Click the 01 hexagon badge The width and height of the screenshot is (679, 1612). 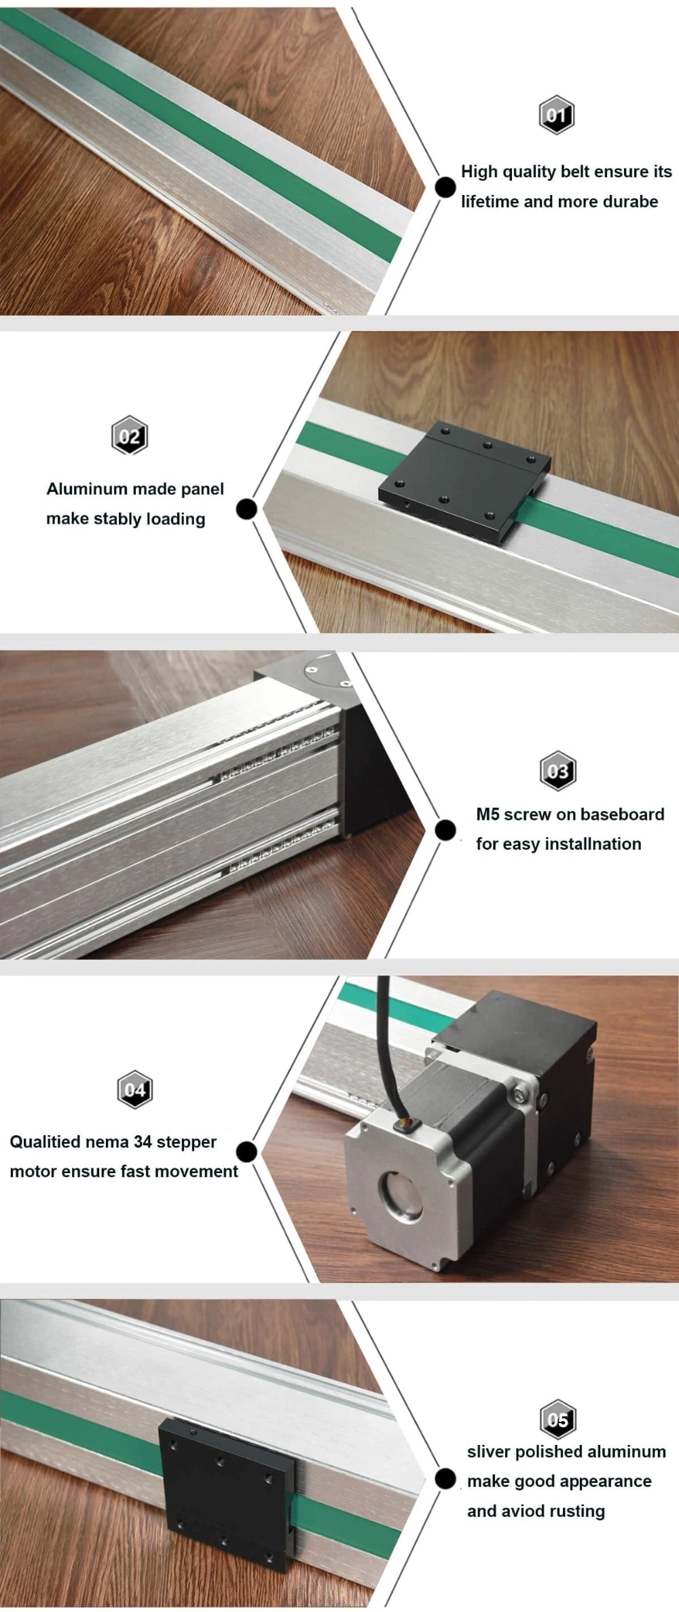point(557,115)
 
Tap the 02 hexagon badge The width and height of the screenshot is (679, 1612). point(130,435)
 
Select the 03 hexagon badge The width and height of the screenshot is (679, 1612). point(558,771)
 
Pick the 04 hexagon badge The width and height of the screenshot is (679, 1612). point(134,1090)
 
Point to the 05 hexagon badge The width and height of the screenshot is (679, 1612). point(558,1420)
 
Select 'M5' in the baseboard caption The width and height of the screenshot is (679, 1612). point(488,814)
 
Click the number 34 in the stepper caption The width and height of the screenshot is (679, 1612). point(143,1142)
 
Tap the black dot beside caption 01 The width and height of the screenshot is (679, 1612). point(445,187)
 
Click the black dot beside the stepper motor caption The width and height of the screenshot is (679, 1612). point(246,1151)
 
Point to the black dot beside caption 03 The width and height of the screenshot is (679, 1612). point(445,829)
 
